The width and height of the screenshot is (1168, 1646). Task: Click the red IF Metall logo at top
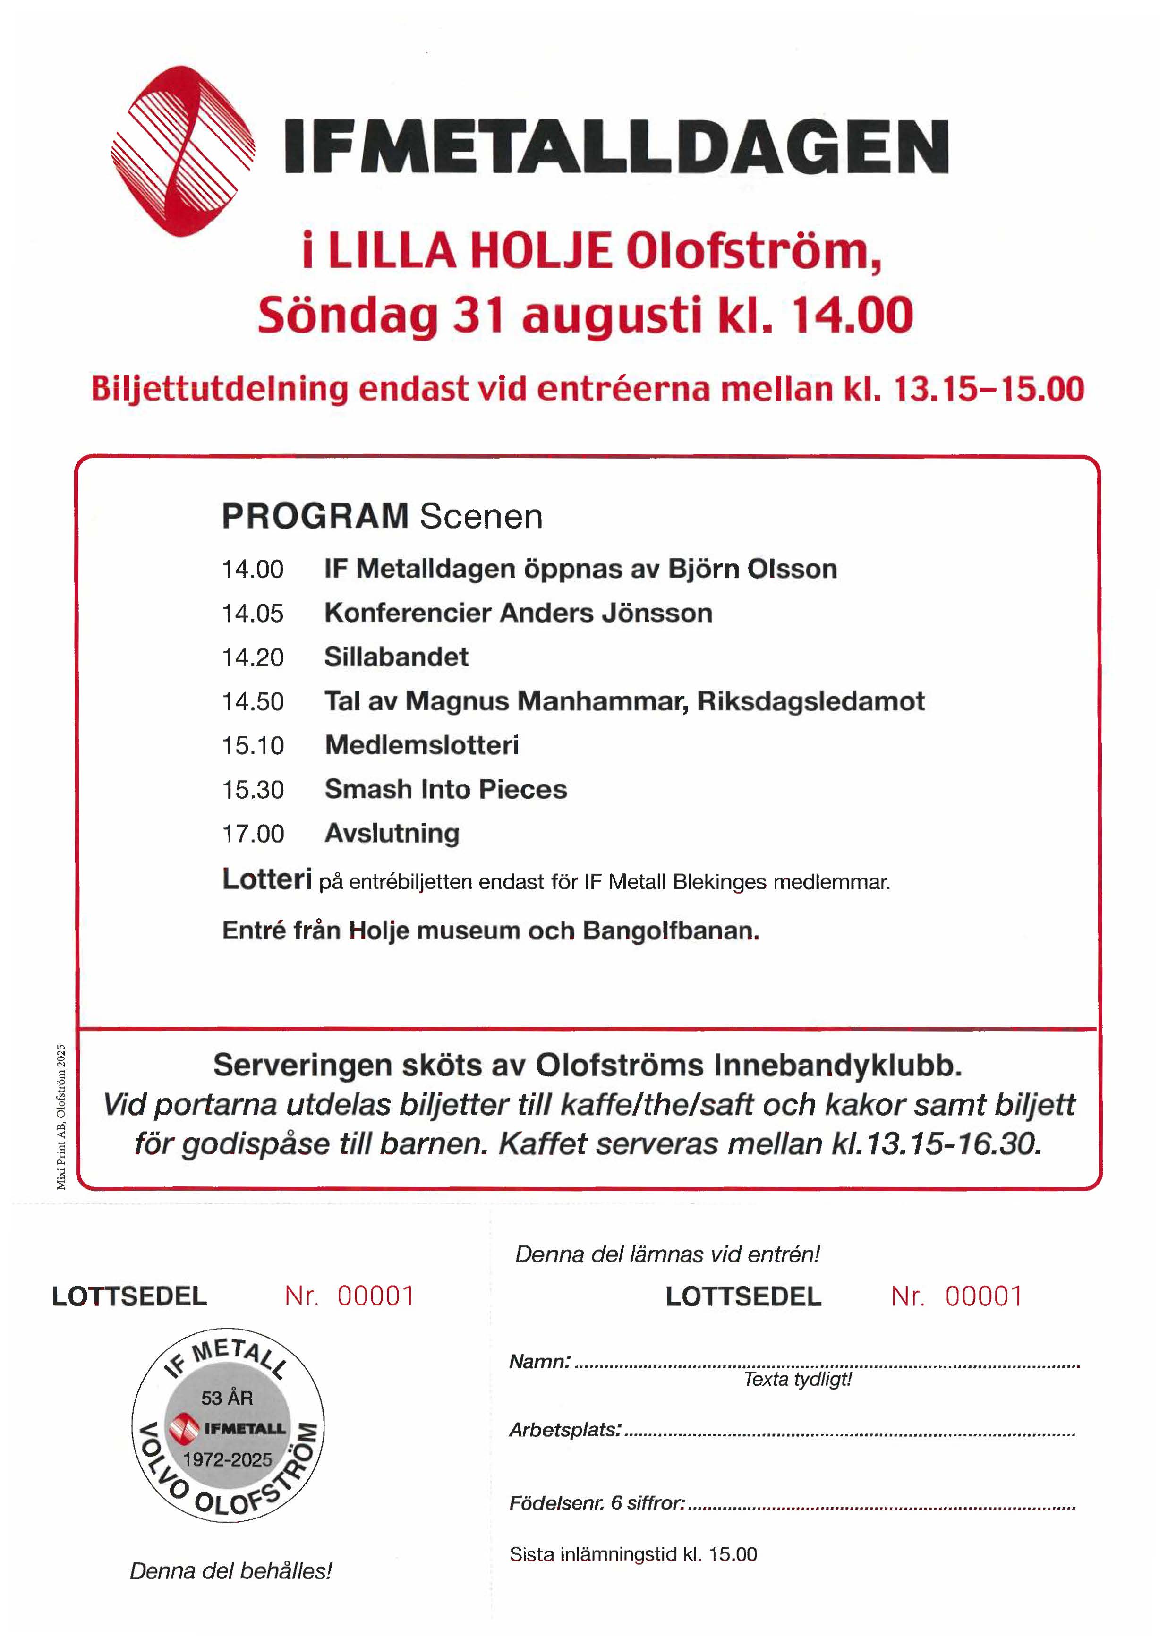183,151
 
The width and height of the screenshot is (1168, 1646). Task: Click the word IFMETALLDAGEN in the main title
616,147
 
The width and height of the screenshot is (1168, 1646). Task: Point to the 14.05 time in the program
252,614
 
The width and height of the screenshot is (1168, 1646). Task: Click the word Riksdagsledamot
810,701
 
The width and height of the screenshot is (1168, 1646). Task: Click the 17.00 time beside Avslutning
252,834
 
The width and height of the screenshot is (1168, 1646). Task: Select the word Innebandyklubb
838,1065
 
